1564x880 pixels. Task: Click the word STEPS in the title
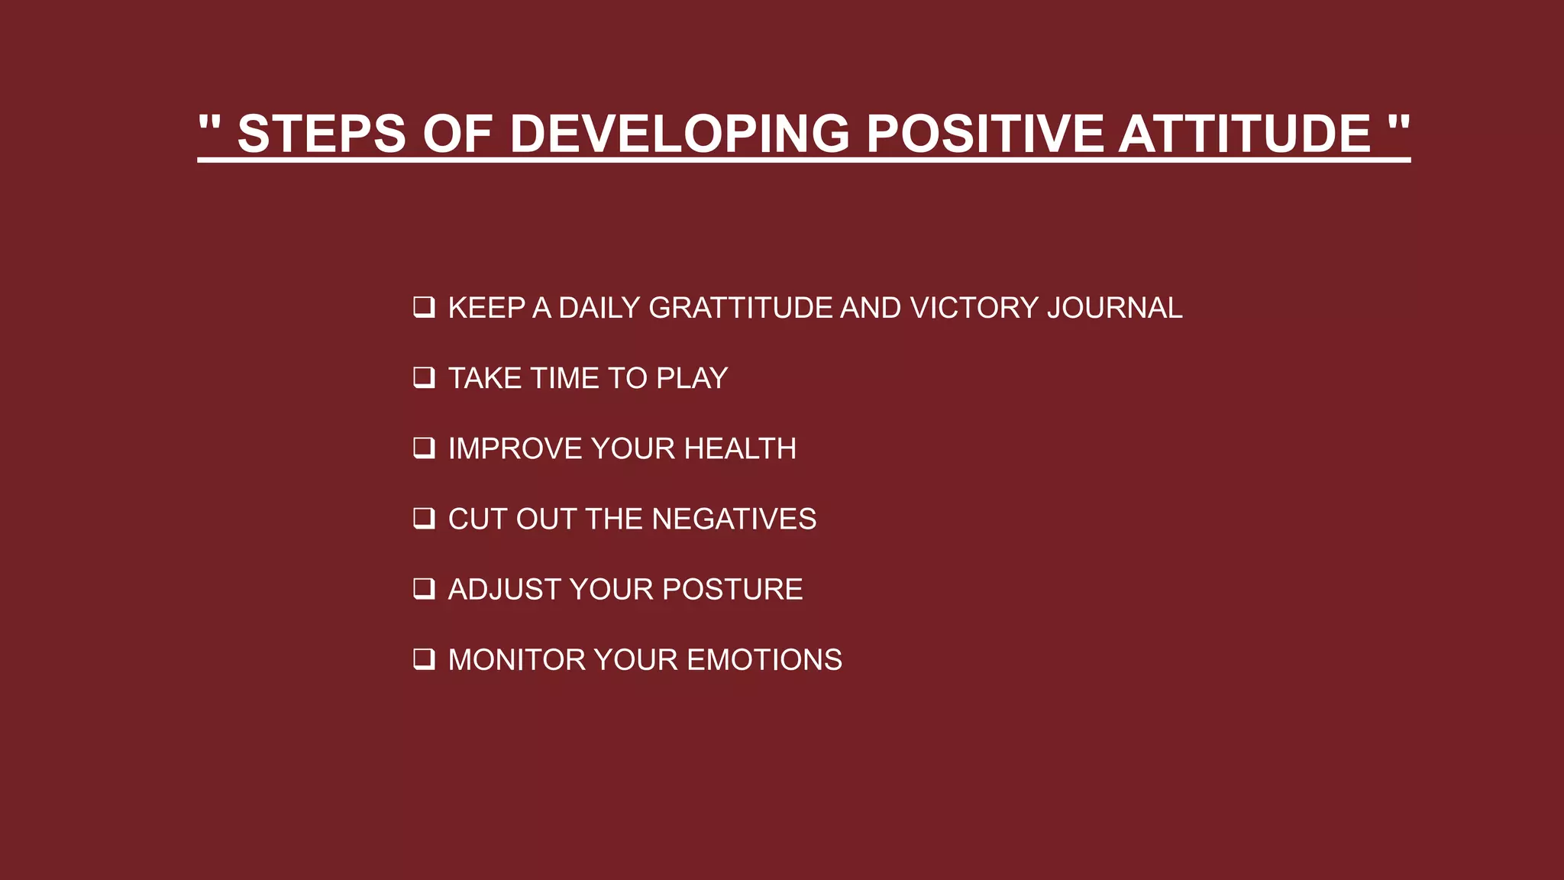pos(322,134)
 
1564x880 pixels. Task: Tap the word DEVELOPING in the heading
pos(679,134)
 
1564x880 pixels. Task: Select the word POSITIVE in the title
pos(984,134)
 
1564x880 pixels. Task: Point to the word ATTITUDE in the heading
pos(1244,134)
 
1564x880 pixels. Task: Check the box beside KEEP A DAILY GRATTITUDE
pos(424,307)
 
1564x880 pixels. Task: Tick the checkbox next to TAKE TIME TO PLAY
pos(424,377)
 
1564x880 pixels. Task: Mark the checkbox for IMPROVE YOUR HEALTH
pos(424,448)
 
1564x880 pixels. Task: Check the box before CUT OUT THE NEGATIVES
pos(424,519)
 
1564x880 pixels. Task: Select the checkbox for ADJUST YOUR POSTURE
pos(424,589)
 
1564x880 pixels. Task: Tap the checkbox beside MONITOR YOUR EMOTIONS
pos(424,659)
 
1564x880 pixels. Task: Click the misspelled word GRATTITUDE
pos(740,308)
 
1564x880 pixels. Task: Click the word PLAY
pos(692,378)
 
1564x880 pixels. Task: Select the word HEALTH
pos(740,448)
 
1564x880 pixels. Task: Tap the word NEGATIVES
pos(734,519)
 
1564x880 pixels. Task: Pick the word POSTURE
pos(732,590)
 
